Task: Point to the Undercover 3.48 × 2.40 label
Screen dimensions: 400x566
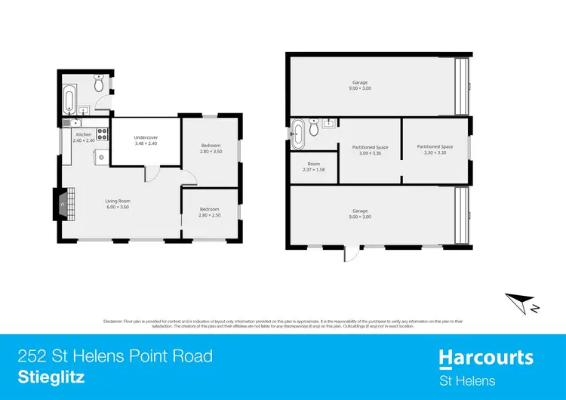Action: [x=145, y=140]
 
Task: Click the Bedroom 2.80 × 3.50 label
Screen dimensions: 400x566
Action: [x=211, y=149]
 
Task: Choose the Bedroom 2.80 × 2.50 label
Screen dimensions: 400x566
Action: [x=209, y=212]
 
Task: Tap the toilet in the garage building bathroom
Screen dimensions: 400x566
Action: [x=328, y=123]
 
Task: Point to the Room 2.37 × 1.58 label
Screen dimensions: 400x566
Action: [x=313, y=167]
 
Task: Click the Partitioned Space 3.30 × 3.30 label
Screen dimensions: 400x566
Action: [x=436, y=149]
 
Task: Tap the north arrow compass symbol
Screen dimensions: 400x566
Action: [x=521, y=302]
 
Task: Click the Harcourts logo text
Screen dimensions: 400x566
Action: [x=486, y=357]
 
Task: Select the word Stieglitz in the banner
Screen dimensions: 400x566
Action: [x=51, y=374]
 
